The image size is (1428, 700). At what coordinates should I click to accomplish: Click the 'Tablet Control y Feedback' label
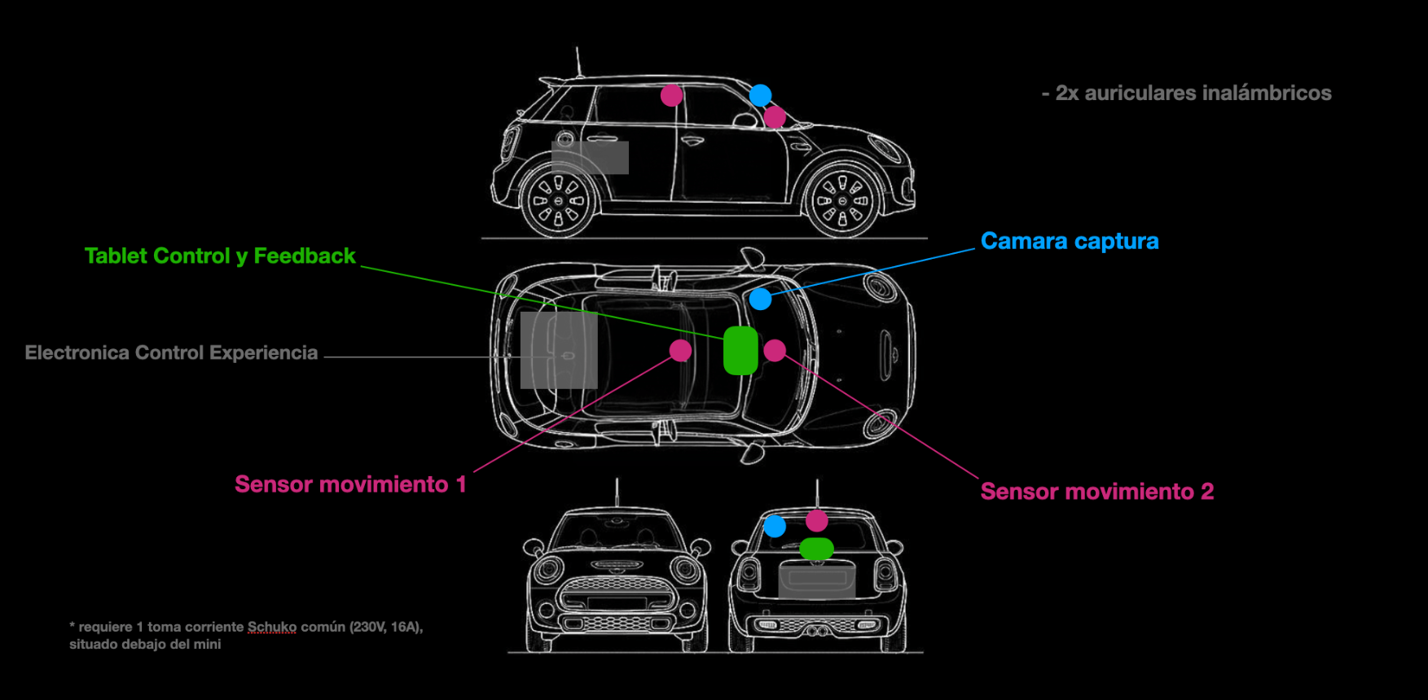pos(220,256)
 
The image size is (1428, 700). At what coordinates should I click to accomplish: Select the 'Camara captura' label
pos(1069,242)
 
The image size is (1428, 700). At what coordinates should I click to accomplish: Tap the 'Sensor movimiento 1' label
pos(350,484)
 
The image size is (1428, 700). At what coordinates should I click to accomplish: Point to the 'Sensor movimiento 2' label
pos(1096,492)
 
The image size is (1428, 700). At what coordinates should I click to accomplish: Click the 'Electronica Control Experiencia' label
pos(171,353)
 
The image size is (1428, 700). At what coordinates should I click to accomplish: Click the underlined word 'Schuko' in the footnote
pos(272,627)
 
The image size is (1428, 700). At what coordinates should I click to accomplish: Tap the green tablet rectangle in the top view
pos(740,350)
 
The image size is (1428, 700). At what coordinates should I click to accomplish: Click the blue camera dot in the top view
pos(760,299)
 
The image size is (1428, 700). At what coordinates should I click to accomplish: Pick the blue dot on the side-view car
pos(760,95)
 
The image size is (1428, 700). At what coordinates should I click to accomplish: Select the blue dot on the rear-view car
pos(775,526)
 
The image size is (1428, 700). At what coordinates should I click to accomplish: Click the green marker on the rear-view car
pos(816,549)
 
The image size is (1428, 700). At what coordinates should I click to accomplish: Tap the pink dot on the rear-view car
pos(817,519)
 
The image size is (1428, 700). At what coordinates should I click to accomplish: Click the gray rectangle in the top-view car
pos(559,350)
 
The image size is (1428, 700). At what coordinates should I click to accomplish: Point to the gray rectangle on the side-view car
pos(590,157)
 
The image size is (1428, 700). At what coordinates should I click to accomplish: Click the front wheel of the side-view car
pos(842,200)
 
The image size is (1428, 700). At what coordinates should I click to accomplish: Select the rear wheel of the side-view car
pos(559,200)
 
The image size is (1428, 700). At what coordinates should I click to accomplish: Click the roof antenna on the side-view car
pos(578,62)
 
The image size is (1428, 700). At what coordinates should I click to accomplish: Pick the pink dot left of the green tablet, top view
pos(680,350)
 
